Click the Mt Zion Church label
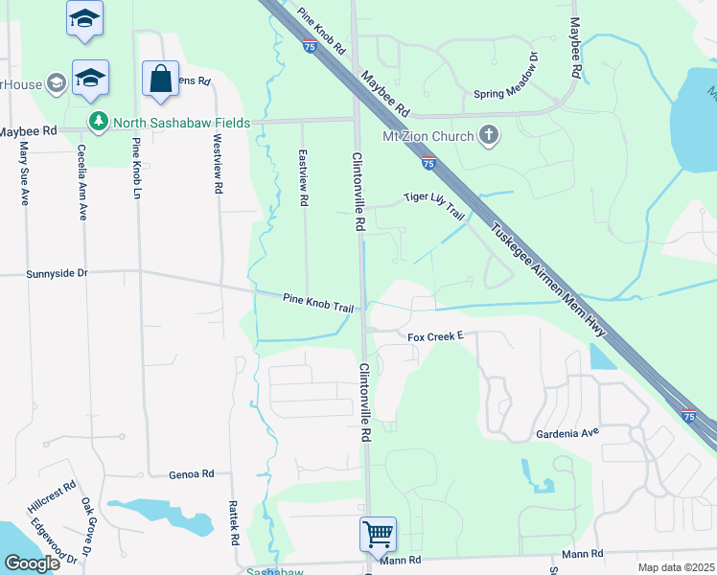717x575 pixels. pyautogui.click(x=428, y=136)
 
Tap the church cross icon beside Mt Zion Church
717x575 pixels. pyautogui.click(x=489, y=135)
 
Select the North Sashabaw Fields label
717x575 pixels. pyautogui.click(x=181, y=123)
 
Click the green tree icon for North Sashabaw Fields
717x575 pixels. pyautogui.click(x=97, y=122)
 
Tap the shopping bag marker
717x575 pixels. pyautogui.click(x=160, y=80)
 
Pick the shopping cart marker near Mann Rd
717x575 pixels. pyautogui.click(x=378, y=534)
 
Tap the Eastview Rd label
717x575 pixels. pyautogui.click(x=303, y=178)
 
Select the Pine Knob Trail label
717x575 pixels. pyautogui.click(x=318, y=302)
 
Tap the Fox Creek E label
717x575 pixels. pyautogui.click(x=435, y=336)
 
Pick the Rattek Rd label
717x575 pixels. pyautogui.click(x=234, y=521)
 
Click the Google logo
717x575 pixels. pyautogui.click(x=33, y=563)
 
